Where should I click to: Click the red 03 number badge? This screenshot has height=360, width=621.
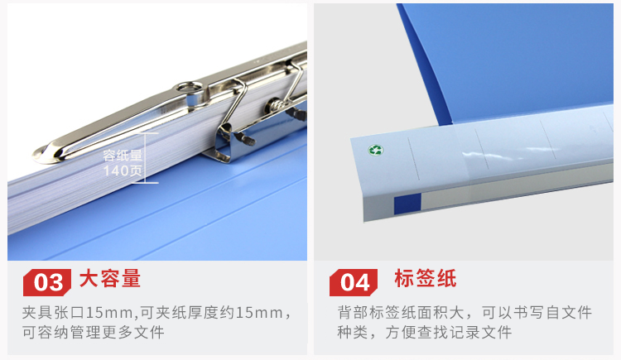click(x=47, y=282)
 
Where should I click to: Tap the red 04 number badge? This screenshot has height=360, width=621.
click(x=354, y=282)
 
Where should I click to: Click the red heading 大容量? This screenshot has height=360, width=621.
click(x=110, y=278)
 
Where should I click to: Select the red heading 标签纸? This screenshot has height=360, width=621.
click(x=425, y=278)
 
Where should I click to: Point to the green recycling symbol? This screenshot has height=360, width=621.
click(x=375, y=150)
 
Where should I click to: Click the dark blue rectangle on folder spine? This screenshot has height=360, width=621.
click(x=407, y=204)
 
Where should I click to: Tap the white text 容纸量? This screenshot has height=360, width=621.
click(x=123, y=156)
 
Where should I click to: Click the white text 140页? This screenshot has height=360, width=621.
click(x=123, y=170)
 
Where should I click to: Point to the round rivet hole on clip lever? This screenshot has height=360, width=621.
click(x=190, y=87)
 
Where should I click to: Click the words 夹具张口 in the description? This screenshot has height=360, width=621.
click(x=54, y=313)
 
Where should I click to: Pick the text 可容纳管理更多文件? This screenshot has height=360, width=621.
click(x=93, y=332)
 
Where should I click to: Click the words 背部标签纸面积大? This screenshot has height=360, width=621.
click(x=401, y=313)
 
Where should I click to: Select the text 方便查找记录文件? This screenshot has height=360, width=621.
click(x=449, y=332)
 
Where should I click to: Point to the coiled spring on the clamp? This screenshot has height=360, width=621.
click(x=276, y=106)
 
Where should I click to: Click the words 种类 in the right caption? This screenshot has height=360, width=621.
click(x=353, y=332)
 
